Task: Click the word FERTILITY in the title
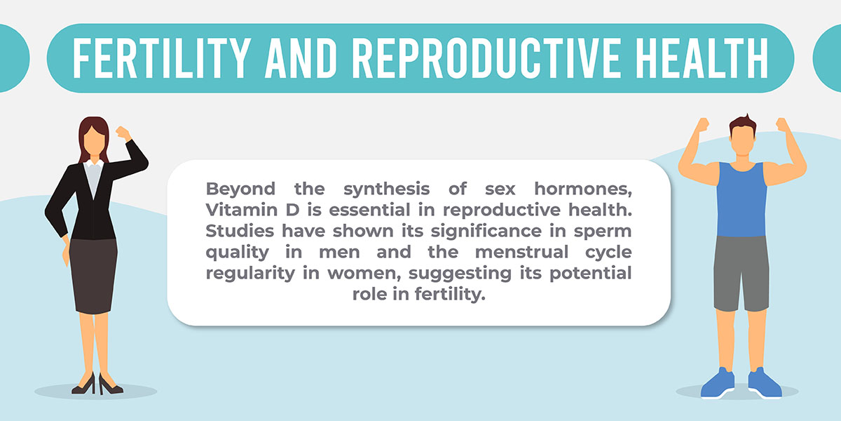[x=161, y=58]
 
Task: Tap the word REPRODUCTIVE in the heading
[x=486, y=58]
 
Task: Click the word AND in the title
[x=301, y=58]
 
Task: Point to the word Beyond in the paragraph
[x=240, y=189]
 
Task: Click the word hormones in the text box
[x=583, y=189]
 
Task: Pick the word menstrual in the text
[x=521, y=252]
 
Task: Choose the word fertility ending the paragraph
[x=450, y=294]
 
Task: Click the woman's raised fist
[x=123, y=133]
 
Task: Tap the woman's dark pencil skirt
[x=93, y=276]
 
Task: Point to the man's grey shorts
[x=741, y=273]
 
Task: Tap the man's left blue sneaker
[x=718, y=383]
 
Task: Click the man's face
[x=742, y=139]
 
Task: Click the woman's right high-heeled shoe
[x=109, y=385]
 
